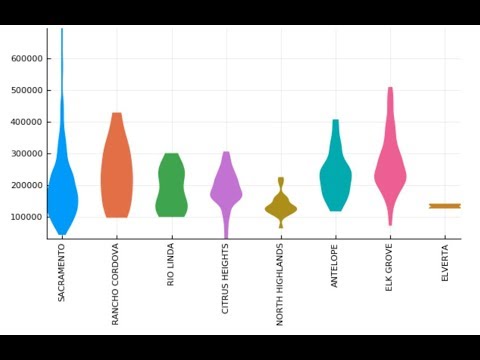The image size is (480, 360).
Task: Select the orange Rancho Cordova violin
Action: tap(117, 170)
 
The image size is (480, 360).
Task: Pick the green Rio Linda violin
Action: tap(171, 185)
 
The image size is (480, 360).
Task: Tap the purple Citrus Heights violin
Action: tap(226, 185)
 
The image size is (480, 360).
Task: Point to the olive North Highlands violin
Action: tap(281, 207)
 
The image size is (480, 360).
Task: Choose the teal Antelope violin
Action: tap(335, 175)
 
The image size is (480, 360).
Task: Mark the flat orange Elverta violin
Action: tap(445, 206)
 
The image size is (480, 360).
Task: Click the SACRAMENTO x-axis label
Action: tap(62, 272)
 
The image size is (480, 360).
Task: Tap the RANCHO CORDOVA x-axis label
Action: tap(117, 284)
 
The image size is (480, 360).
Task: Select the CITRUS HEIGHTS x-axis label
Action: tap(226, 279)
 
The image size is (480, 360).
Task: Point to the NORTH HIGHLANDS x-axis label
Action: tap(281, 284)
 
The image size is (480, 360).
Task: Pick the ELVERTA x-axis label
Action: tap(445, 261)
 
